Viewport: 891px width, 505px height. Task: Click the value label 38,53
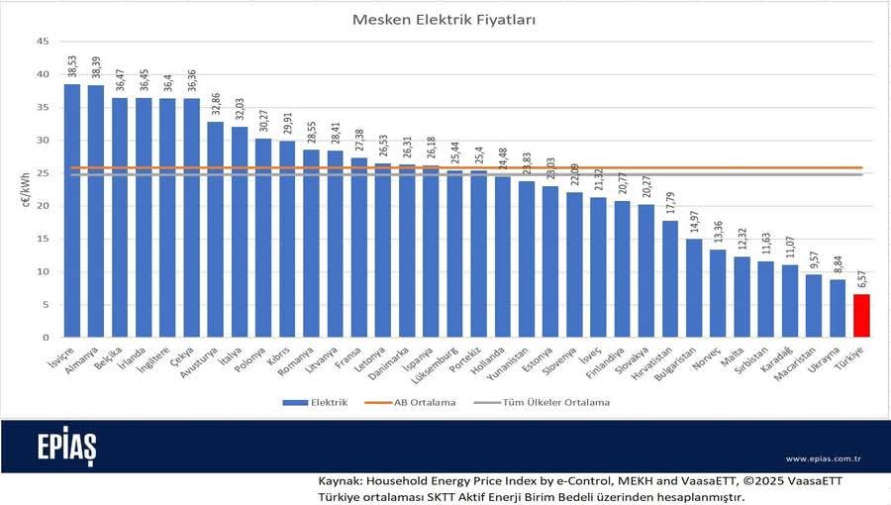[x=72, y=66]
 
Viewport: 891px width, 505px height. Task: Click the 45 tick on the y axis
[x=43, y=42]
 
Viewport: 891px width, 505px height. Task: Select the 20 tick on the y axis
[x=43, y=206]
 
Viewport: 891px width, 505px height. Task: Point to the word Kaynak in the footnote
[x=341, y=480]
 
